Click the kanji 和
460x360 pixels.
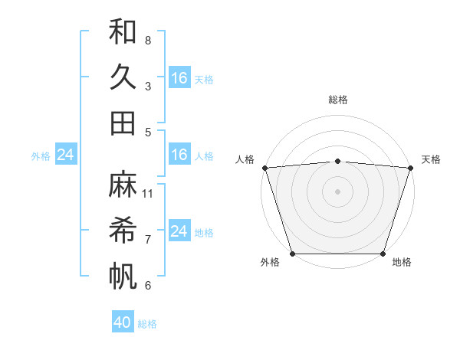click(123, 32)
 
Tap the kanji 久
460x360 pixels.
click(123, 78)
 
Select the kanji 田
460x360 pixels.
click(123, 123)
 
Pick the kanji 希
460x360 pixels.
click(123, 231)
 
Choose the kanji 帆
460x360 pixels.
click(123, 277)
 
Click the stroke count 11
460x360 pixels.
click(148, 193)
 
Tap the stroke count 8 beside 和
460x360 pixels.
click(148, 40)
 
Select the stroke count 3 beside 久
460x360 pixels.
click(148, 86)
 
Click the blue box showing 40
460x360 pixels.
click(123, 322)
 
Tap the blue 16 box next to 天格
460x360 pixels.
click(179, 77)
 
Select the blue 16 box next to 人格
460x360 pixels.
click(179, 155)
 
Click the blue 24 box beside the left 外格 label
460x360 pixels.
click(65, 155)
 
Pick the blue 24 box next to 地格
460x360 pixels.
click(179, 231)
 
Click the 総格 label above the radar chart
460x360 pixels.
click(337, 100)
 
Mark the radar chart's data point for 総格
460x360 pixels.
click(337, 161)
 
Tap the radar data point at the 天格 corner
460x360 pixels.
click(410, 168)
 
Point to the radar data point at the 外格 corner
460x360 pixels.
click(292, 254)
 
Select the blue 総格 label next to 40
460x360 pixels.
click(147, 324)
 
